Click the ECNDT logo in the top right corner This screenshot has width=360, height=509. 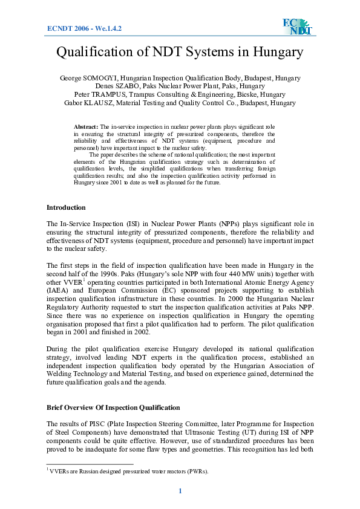point(296,27)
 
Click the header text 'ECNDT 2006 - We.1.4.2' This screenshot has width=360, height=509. point(84,28)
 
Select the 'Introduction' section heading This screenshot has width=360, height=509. point(66,207)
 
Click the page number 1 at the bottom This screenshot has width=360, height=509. point(180,490)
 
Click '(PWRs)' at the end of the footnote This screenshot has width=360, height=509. point(196,472)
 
